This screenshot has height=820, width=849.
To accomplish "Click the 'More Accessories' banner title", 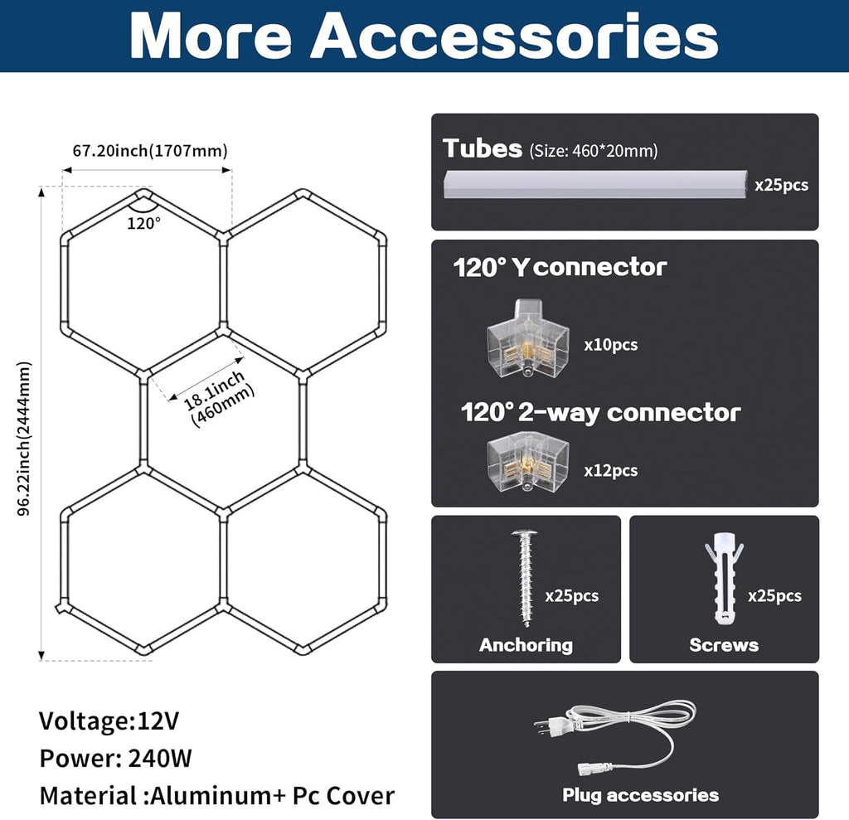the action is coord(424,35).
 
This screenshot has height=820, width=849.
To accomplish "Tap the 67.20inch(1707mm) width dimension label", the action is coord(150,151).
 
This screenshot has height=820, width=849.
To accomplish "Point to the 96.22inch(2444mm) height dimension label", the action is coord(24,439).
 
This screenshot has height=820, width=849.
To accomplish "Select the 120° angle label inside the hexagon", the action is coord(143,223).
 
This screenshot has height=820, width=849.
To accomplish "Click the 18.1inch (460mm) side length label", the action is coord(219,398).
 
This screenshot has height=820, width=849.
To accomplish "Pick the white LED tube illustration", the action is coord(595,185).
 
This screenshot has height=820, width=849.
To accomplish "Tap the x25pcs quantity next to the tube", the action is coord(781,185).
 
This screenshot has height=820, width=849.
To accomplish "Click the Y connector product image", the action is coord(528,338).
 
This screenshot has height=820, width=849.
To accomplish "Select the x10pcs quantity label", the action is coord(611,345).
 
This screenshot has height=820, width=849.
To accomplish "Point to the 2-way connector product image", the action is coord(528,462).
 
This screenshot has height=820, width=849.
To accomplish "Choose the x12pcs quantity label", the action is coord(611,471).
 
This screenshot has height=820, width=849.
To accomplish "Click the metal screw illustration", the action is coord(524,578).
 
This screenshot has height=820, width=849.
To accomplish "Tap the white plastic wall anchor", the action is coord(724,578).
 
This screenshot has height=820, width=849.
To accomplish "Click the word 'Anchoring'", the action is coord(526,645).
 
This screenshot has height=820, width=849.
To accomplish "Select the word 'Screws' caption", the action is coord(724,645).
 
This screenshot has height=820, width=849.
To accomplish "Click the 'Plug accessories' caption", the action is coord(641,795).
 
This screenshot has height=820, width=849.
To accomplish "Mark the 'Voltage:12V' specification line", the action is coord(109,721).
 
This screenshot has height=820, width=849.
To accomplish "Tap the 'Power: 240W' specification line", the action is coord(115,759).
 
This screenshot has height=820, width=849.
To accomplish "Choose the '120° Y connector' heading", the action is coord(560,267).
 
